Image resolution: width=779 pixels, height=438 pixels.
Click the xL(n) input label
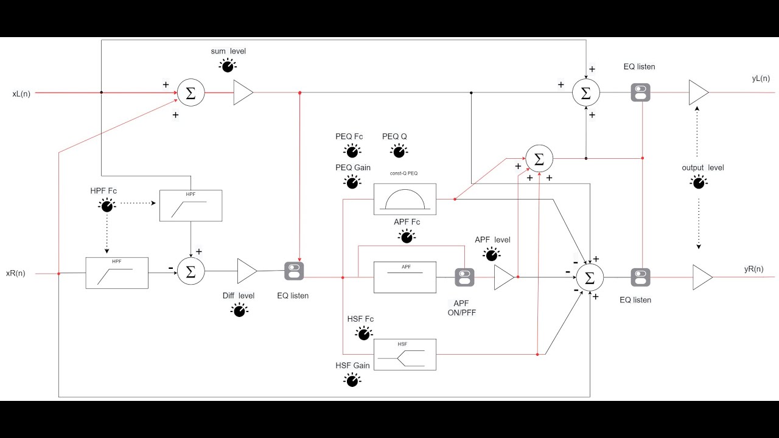[x=21, y=94]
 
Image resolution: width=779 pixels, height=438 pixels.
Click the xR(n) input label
[x=16, y=273]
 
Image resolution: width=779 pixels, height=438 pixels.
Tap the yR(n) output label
[x=753, y=269]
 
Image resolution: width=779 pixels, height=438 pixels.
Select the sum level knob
[x=228, y=66]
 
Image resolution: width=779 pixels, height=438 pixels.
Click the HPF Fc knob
[x=107, y=206]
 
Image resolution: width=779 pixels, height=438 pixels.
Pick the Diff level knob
[x=239, y=310]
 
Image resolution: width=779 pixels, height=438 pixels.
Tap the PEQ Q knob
[x=399, y=151]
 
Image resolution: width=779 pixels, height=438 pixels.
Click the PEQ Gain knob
[x=352, y=181]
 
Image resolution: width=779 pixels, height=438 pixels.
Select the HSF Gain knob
[x=352, y=380]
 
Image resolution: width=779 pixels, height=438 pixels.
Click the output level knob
[x=699, y=181]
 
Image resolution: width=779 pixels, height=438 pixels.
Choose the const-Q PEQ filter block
[x=405, y=199]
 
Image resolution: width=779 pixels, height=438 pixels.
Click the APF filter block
[x=405, y=277]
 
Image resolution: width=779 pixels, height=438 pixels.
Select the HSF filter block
[x=405, y=355]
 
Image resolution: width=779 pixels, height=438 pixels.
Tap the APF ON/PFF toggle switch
[x=464, y=277]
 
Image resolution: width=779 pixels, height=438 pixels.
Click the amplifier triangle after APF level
[x=503, y=277]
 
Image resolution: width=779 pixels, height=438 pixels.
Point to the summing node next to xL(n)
[x=190, y=93]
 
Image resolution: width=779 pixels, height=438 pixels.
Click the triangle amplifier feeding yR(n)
[x=702, y=277]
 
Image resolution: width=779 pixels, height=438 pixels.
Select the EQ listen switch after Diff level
[x=294, y=271]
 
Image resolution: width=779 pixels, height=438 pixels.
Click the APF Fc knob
[x=407, y=237]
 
